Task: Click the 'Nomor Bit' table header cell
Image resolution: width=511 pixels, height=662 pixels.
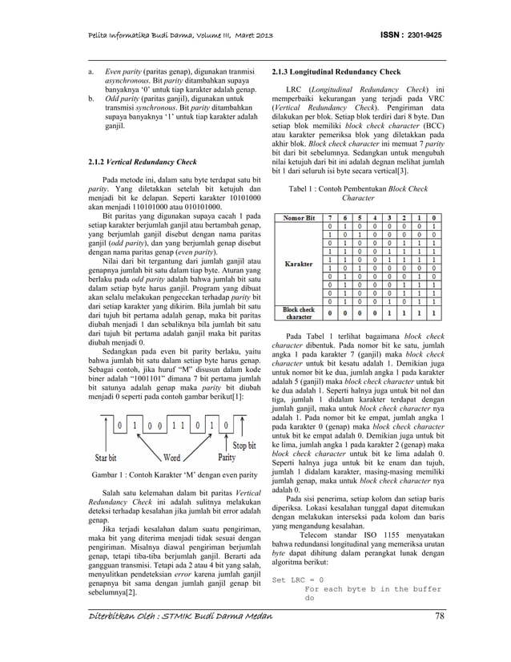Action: (x=298, y=217)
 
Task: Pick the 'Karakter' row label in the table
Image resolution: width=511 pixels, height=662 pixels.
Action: (x=298, y=262)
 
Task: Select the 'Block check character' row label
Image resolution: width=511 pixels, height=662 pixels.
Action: (x=298, y=311)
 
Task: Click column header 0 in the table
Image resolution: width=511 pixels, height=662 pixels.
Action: (x=433, y=217)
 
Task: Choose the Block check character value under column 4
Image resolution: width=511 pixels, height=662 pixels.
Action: (x=375, y=312)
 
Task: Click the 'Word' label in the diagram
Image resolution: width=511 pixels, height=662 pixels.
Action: (x=171, y=458)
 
